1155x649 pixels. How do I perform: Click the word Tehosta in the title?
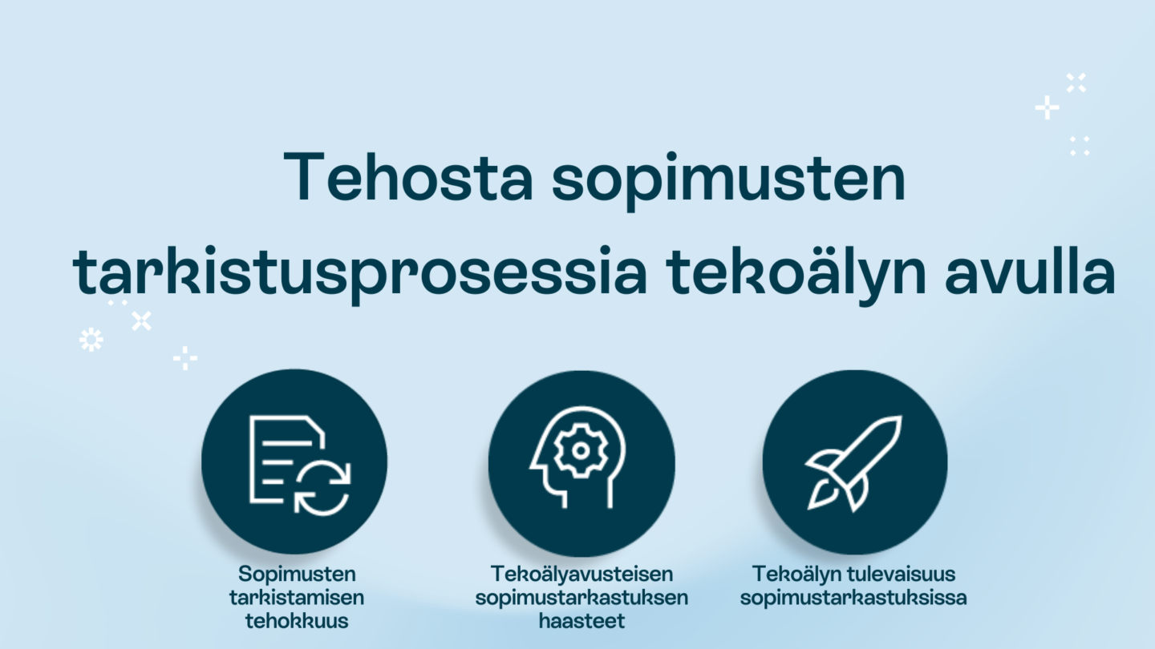tap(408, 176)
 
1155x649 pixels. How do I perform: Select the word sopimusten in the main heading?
tap(728, 181)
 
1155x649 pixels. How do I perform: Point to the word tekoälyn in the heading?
tap(796, 273)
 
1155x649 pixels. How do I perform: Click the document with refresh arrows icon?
tap(300, 465)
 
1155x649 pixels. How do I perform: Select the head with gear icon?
tap(578, 458)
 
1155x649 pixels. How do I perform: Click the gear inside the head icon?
tap(581, 451)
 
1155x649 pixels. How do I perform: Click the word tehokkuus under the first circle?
tap(297, 621)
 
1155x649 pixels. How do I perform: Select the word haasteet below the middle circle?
tap(582, 621)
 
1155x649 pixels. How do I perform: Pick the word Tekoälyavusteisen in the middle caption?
tap(582, 574)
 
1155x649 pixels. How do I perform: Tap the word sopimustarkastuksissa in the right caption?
tap(853, 599)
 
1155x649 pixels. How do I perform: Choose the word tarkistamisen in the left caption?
tap(297, 598)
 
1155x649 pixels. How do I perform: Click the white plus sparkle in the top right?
tap(1047, 107)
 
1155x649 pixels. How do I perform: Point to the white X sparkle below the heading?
tap(141, 320)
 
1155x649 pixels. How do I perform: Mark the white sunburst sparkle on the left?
tap(91, 340)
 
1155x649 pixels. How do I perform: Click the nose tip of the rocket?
tap(901, 417)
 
